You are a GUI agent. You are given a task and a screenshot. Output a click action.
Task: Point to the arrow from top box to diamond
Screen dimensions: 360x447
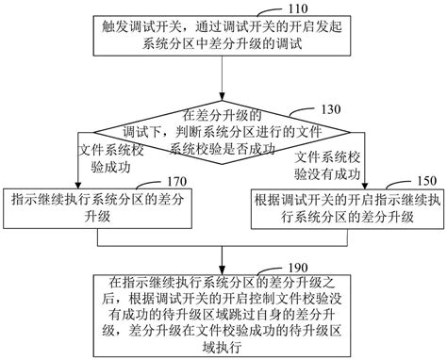[x=222, y=79]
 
